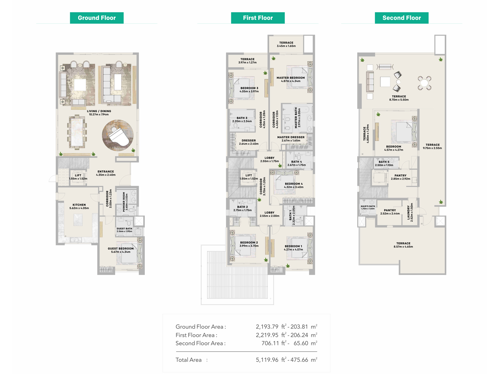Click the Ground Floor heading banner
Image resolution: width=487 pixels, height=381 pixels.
[97, 18]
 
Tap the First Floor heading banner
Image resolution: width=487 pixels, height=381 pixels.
[258, 18]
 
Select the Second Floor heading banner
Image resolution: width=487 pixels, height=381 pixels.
[402, 18]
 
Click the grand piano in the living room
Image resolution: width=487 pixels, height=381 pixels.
[119, 136]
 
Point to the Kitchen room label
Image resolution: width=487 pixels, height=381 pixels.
[79, 205]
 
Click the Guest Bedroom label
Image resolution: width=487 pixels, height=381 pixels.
[121, 249]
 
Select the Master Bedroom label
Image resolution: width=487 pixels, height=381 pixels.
[291, 78]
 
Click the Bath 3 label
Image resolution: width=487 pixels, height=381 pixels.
[242, 118]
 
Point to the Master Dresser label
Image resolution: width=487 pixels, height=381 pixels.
[291, 137]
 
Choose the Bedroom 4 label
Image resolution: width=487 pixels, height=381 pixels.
[294, 184]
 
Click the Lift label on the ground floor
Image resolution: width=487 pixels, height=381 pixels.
[78, 175]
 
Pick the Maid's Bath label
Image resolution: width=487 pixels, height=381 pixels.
[368, 206]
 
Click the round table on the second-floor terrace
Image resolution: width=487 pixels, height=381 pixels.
[424, 83]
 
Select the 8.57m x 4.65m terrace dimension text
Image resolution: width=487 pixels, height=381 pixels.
[403, 247]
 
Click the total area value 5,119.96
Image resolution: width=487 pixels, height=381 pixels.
[267, 360]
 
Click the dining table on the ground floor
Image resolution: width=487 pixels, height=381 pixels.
[77, 132]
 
